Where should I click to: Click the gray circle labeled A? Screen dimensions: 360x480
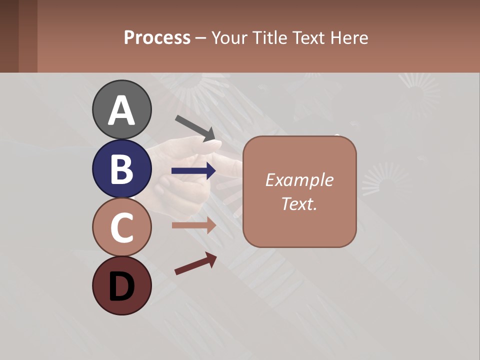tap(122, 109)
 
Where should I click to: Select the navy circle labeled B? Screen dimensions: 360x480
tap(122, 168)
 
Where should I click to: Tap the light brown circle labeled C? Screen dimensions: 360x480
tap(122, 227)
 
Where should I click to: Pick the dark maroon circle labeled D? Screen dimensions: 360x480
tap(122, 286)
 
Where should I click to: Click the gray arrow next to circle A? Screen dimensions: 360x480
tap(195, 127)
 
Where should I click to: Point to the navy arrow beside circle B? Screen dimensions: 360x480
tap(193, 171)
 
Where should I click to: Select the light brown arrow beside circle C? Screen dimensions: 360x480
tap(193, 225)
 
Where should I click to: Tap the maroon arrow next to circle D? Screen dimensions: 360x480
tap(195, 263)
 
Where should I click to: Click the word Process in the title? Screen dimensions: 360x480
tap(157, 38)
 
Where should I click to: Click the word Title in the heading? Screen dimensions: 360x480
tap(268, 38)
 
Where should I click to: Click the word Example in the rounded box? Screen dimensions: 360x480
tap(299, 180)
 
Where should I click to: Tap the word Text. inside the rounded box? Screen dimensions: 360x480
tap(299, 203)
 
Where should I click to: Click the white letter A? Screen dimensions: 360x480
tap(122, 110)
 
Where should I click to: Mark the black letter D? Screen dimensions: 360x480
tap(122, 287)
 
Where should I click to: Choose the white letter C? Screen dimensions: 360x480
tap(122, 228)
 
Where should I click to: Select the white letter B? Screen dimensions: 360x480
tap(122, 169)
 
